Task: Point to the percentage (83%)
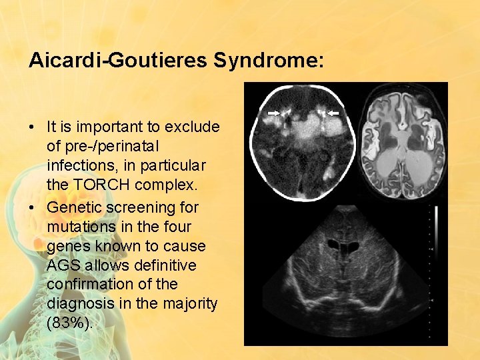click(x=71, y=323)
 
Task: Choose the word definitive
click(x=166, y=265)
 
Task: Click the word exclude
click(x=195, y=126)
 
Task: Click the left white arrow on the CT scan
click(x=273, y=114)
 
